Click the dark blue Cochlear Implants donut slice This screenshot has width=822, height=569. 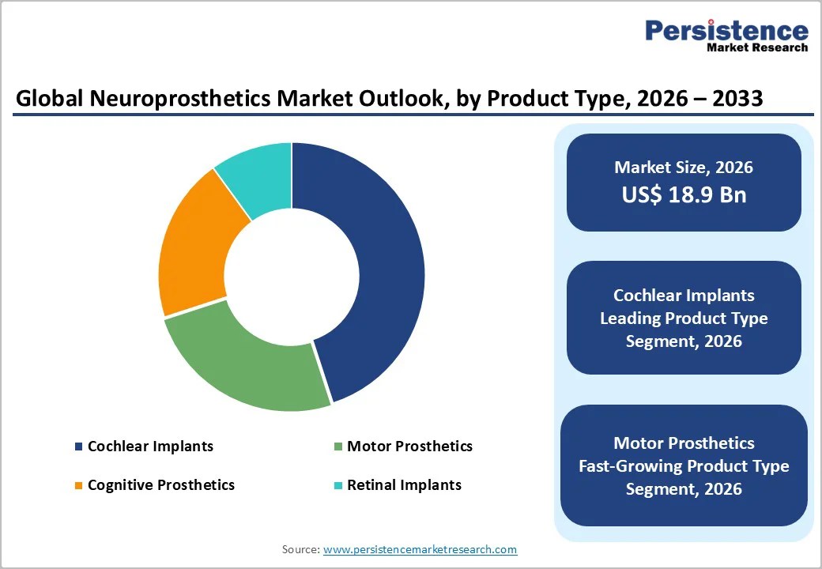tap(387, 269)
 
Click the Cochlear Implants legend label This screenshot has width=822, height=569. tap(150, 447)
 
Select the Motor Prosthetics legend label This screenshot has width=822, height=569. tap(409, 447)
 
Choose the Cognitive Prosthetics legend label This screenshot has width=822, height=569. tap(161, 485)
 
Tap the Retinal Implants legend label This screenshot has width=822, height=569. tap(404, 485)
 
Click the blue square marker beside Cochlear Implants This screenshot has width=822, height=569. tap(78, 447)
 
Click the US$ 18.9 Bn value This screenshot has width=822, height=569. tap(684, 195)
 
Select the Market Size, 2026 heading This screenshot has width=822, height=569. tap(684, 168)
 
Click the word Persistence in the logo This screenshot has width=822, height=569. tap(726, 31)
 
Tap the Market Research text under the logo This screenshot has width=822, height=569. tap(757, 47)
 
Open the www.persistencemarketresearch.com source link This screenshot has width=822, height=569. tap(420, 549)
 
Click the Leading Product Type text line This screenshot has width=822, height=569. tap(684, 318)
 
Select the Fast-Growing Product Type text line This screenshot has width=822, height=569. tap(684, 466)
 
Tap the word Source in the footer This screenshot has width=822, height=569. tap(300, 549)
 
